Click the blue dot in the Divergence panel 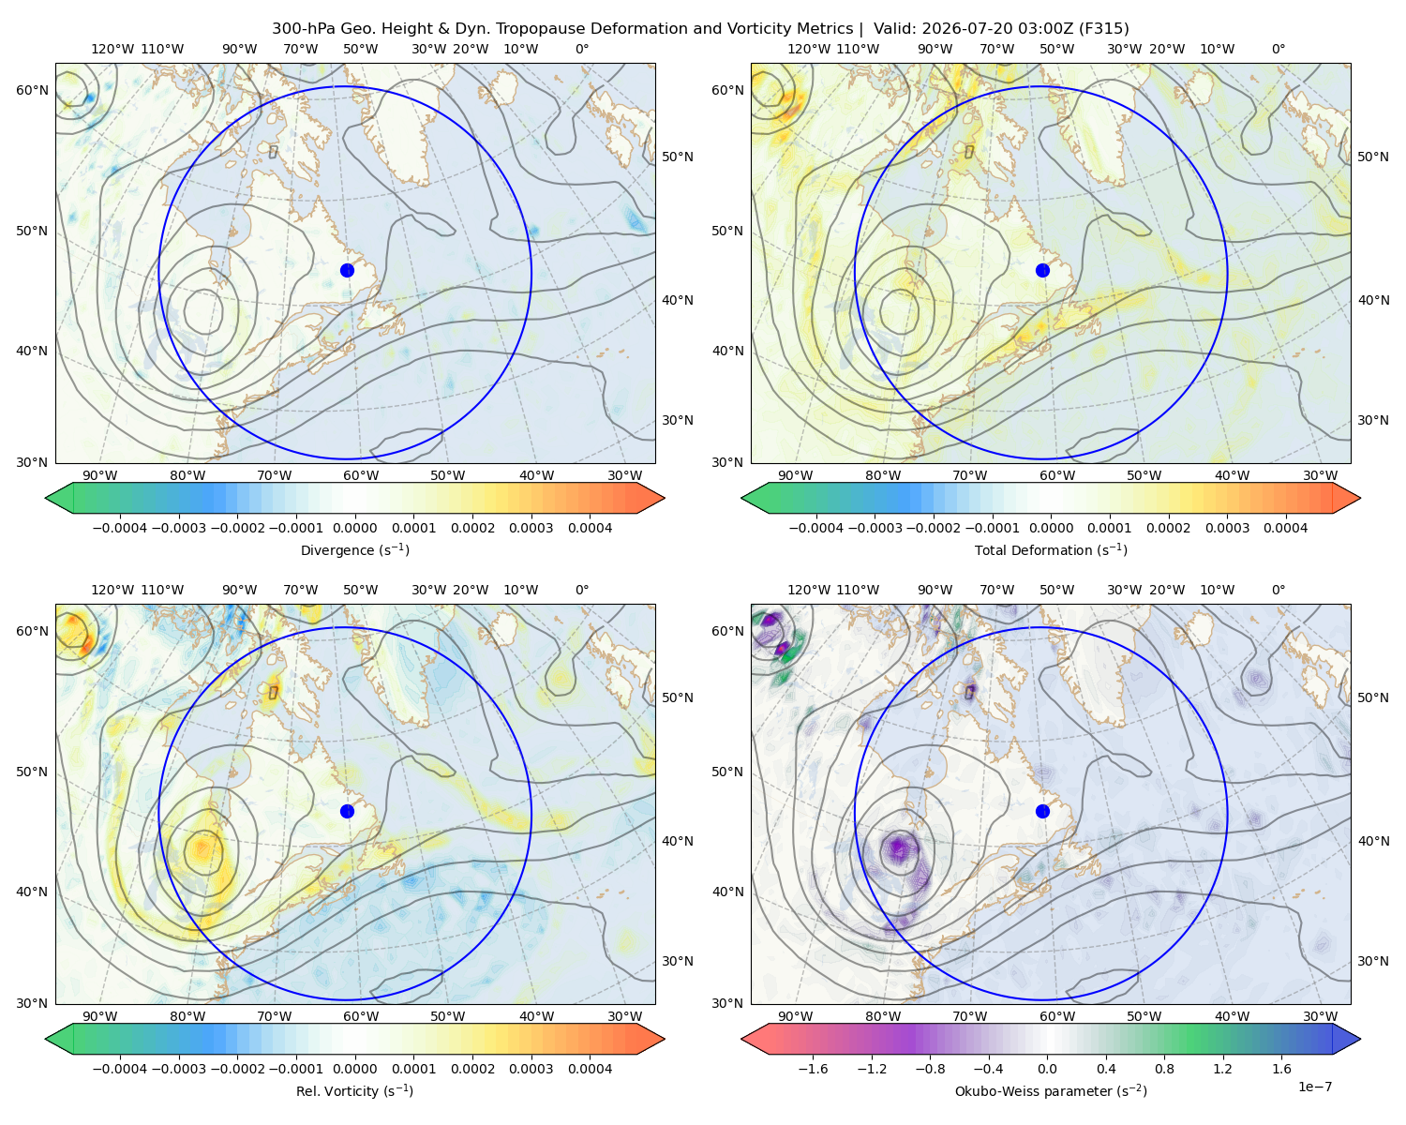[x=347, y=270]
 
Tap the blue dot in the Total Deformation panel [x=1042, y=270]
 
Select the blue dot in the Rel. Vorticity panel [x=347, y=811]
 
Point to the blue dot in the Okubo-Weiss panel [x=1042, y=811]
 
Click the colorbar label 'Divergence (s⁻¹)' [x=354, y=549]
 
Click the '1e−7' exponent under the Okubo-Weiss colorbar [x=1314, y=1087]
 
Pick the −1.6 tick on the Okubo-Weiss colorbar [x=813, y=1068]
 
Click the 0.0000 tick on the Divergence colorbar [x=354, y=528]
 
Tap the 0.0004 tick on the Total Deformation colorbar [x=1285, y=528]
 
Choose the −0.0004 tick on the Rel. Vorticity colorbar [x=120, y=1068]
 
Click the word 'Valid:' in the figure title [x=895, y=29]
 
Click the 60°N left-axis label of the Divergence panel [x=32, y=90]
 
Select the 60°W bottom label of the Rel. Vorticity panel [x=361, y=1016]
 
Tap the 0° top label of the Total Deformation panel [x=1278, y=49]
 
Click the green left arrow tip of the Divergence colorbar [x=46, y=498]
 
